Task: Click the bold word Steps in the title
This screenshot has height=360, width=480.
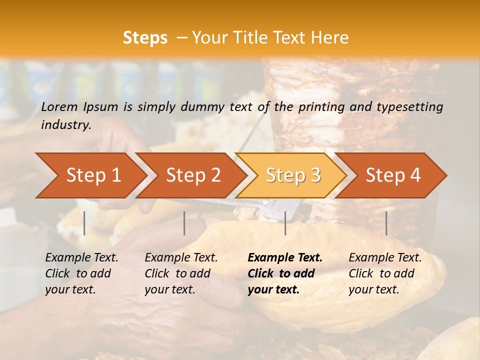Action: pos(145,38)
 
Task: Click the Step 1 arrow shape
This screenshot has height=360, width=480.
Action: pos(93,175)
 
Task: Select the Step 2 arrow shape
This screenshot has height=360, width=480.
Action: pos(193,175)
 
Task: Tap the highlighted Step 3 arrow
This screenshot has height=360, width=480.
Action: pos(293,175)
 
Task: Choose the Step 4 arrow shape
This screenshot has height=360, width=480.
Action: pos(393,175)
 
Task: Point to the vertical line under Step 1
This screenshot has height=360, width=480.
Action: pos(84,223)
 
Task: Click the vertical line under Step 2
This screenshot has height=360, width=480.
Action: pos(184,223)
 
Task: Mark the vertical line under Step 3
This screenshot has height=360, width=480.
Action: pos(285,223)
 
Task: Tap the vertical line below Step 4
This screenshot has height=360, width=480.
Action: pos(386,223)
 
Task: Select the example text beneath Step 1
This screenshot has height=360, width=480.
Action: pos(81,273)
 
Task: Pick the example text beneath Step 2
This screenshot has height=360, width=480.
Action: pos(181,273)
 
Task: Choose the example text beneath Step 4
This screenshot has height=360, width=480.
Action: pos(385,273)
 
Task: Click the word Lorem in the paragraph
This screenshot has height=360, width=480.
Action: pos(59,107)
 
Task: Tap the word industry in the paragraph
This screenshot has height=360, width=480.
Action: pos(66,125)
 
